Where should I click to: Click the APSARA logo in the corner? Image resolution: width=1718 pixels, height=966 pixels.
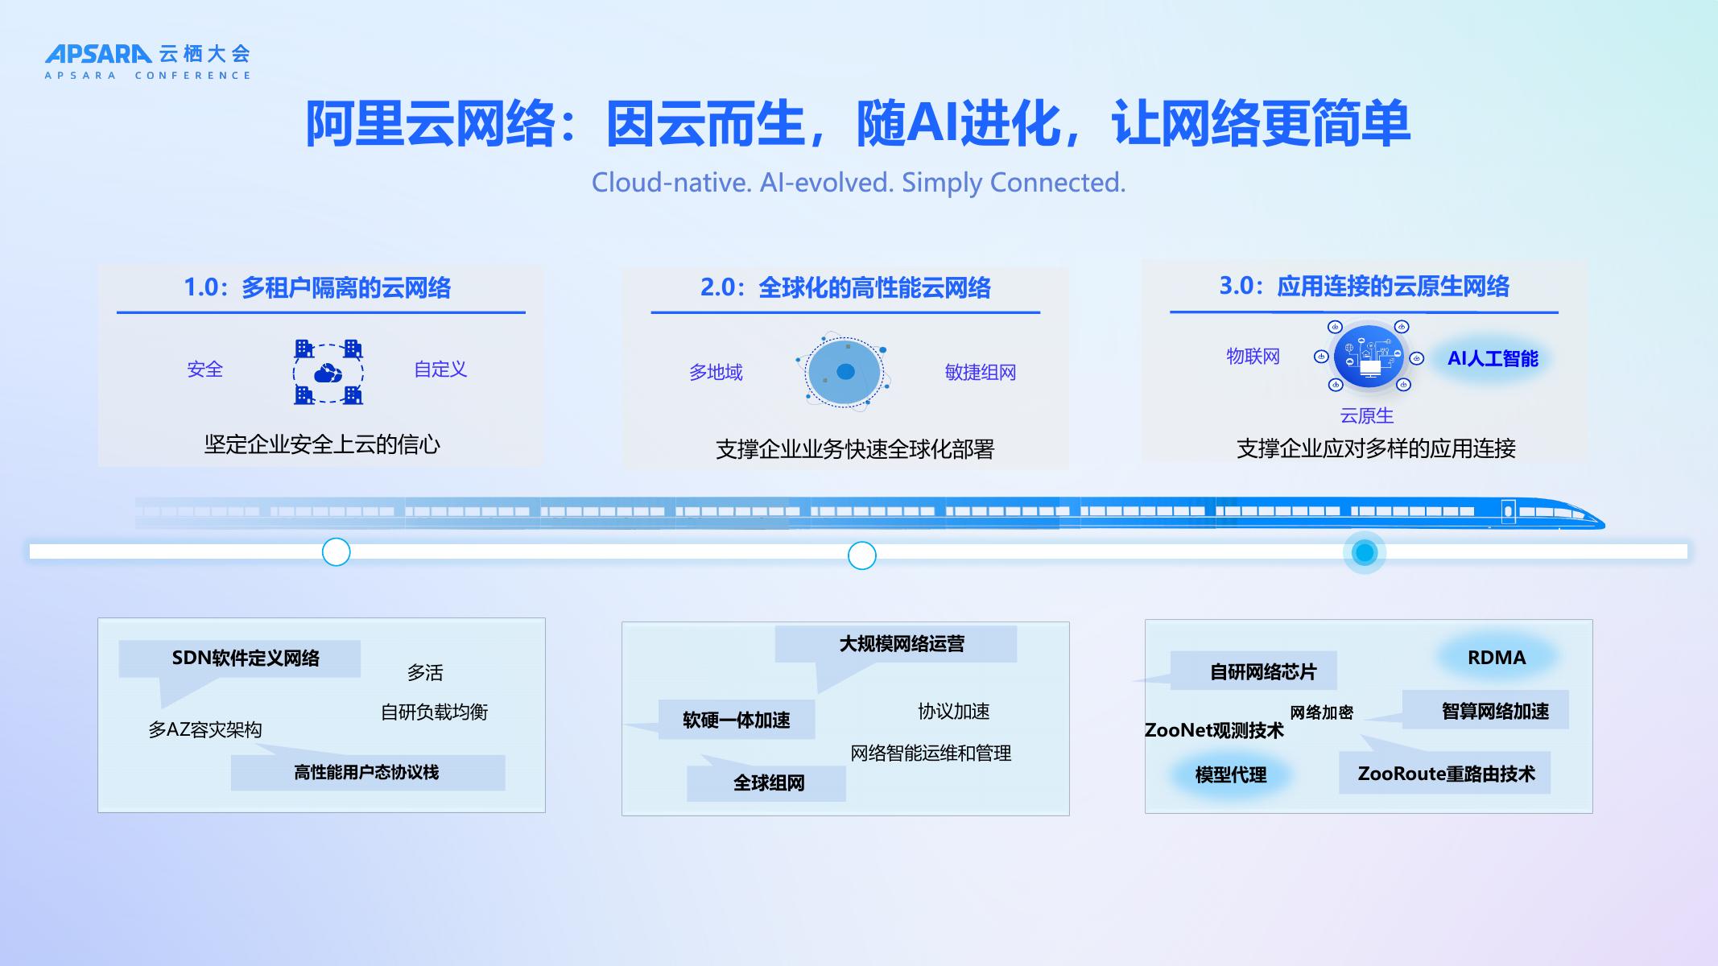pos(147,61)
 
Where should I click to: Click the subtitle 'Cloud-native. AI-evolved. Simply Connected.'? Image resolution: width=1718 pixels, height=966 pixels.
pos(858,183)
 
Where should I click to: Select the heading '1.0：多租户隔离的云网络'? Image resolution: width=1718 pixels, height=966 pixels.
pos(317,287)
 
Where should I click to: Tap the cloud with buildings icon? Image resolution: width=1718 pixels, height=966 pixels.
pos(328,372)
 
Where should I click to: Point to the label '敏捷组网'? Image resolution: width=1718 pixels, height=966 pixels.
pos(980,372)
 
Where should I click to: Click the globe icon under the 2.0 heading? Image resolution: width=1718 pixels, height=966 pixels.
pos(844,372)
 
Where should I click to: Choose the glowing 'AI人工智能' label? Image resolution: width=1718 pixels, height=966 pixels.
pos(1493,358)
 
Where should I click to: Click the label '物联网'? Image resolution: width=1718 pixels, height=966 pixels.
pos(1253,357)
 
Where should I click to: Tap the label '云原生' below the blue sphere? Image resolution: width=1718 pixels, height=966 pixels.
pos(1366,415)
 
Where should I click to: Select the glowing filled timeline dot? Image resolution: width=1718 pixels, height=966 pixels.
pos(1365,553)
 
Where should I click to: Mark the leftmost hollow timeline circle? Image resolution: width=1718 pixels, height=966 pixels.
pos(336,552)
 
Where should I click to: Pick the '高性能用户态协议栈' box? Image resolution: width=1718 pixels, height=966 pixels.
pos(367,773)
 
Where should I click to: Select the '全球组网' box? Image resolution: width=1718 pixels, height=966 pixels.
pos(766,783)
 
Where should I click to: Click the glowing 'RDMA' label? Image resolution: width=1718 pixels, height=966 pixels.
pos(1497,658)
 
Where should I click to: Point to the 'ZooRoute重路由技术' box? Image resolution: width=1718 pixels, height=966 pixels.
pos(1445,774)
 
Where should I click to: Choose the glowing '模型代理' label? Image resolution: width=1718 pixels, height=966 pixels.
pos(1230,774)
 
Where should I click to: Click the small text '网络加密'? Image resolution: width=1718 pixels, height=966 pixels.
pos(1321,712)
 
